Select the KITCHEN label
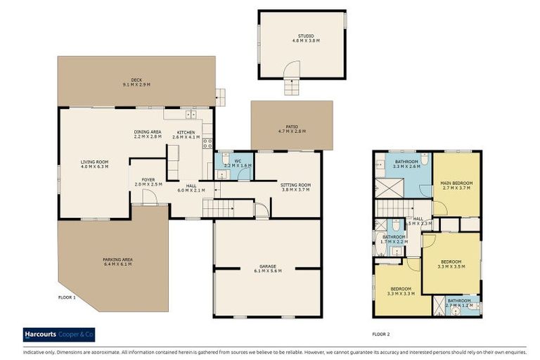click(186, 134)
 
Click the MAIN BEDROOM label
click(456, 185)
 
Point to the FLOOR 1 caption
click(67, 297)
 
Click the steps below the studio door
click(290, 86)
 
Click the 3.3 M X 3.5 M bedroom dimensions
click(451, 267)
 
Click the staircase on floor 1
click(227, 208)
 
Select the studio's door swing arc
click(289, 68)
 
